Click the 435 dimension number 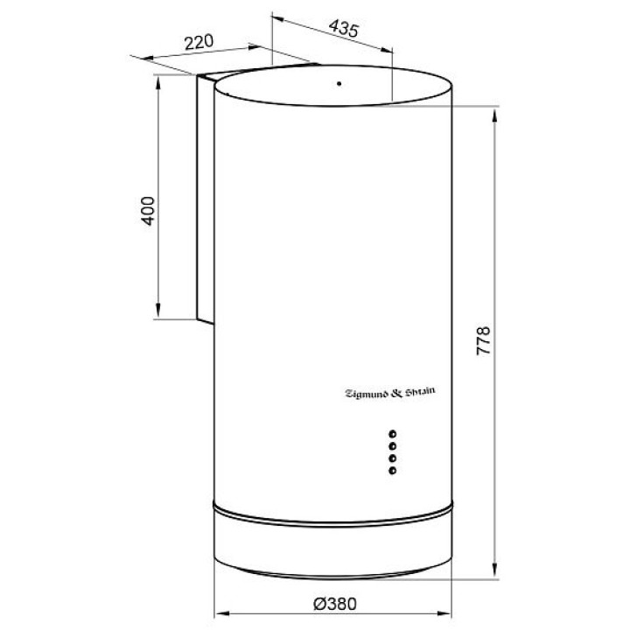[344, 29]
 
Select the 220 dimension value [199, 42]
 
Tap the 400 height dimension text [148, 211]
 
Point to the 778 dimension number [483, 340]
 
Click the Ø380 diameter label [334, 604]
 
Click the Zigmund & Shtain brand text [390, 393]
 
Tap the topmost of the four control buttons [393, 434]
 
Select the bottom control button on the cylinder [393, 470]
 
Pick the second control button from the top [393, 446]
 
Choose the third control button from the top [393, 458]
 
